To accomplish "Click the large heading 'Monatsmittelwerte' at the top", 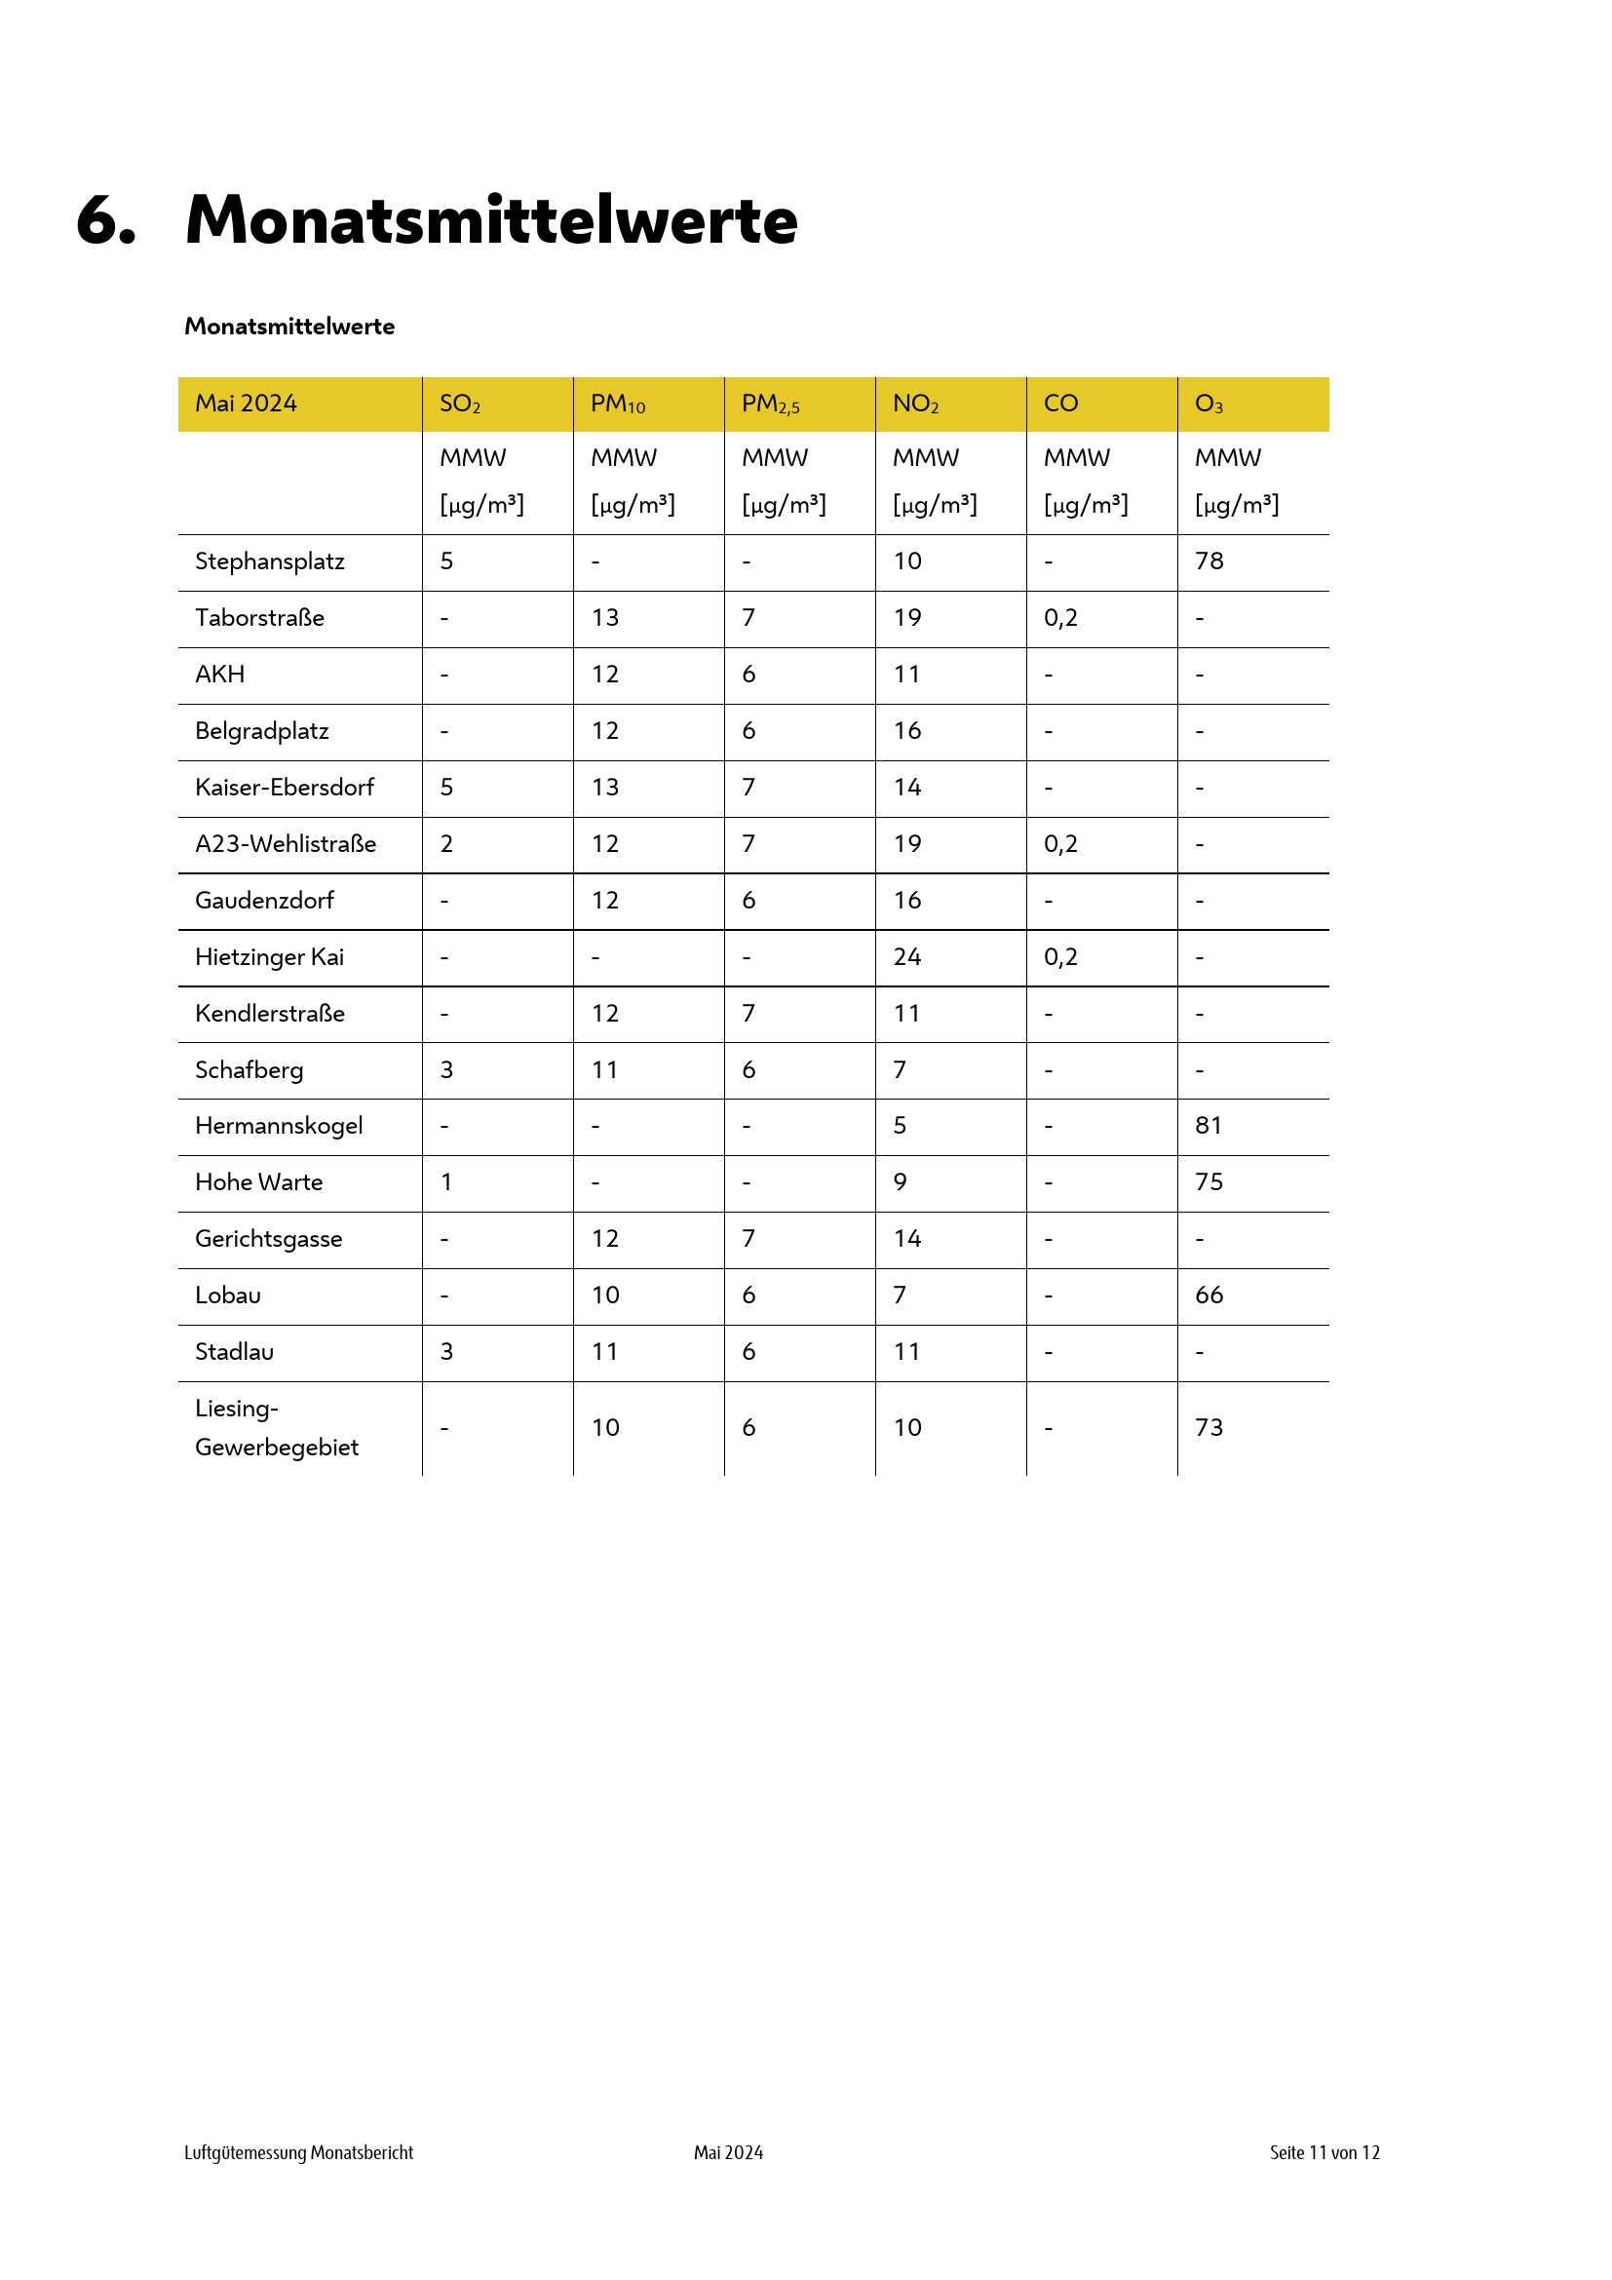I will [491, 219].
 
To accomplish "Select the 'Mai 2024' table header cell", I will [246, 404].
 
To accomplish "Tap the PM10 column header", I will [617, 405].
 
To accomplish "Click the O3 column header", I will [1208, 405].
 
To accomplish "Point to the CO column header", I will [1060, 404].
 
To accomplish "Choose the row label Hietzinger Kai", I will [269, 957].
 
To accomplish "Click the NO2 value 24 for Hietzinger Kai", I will [906, 957].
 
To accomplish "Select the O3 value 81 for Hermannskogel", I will [1208, 1126].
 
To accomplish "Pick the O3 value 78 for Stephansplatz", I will [1208, 561].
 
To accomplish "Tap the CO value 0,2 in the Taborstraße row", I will [1060, 618].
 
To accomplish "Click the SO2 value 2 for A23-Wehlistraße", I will [446, 844].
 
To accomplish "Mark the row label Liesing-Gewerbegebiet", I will [276, 1428].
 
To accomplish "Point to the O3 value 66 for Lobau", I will [1208, 1295].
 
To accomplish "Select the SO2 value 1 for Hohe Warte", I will [446, 1182].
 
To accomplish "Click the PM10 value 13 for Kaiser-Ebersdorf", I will [604, 788].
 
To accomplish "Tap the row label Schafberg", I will [249, 1070].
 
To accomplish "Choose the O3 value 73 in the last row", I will [1208, 1428].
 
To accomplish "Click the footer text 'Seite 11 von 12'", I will [1324, 2153].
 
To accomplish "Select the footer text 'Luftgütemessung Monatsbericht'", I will [299, 2153].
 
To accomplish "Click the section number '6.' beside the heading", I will [105, 219].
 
